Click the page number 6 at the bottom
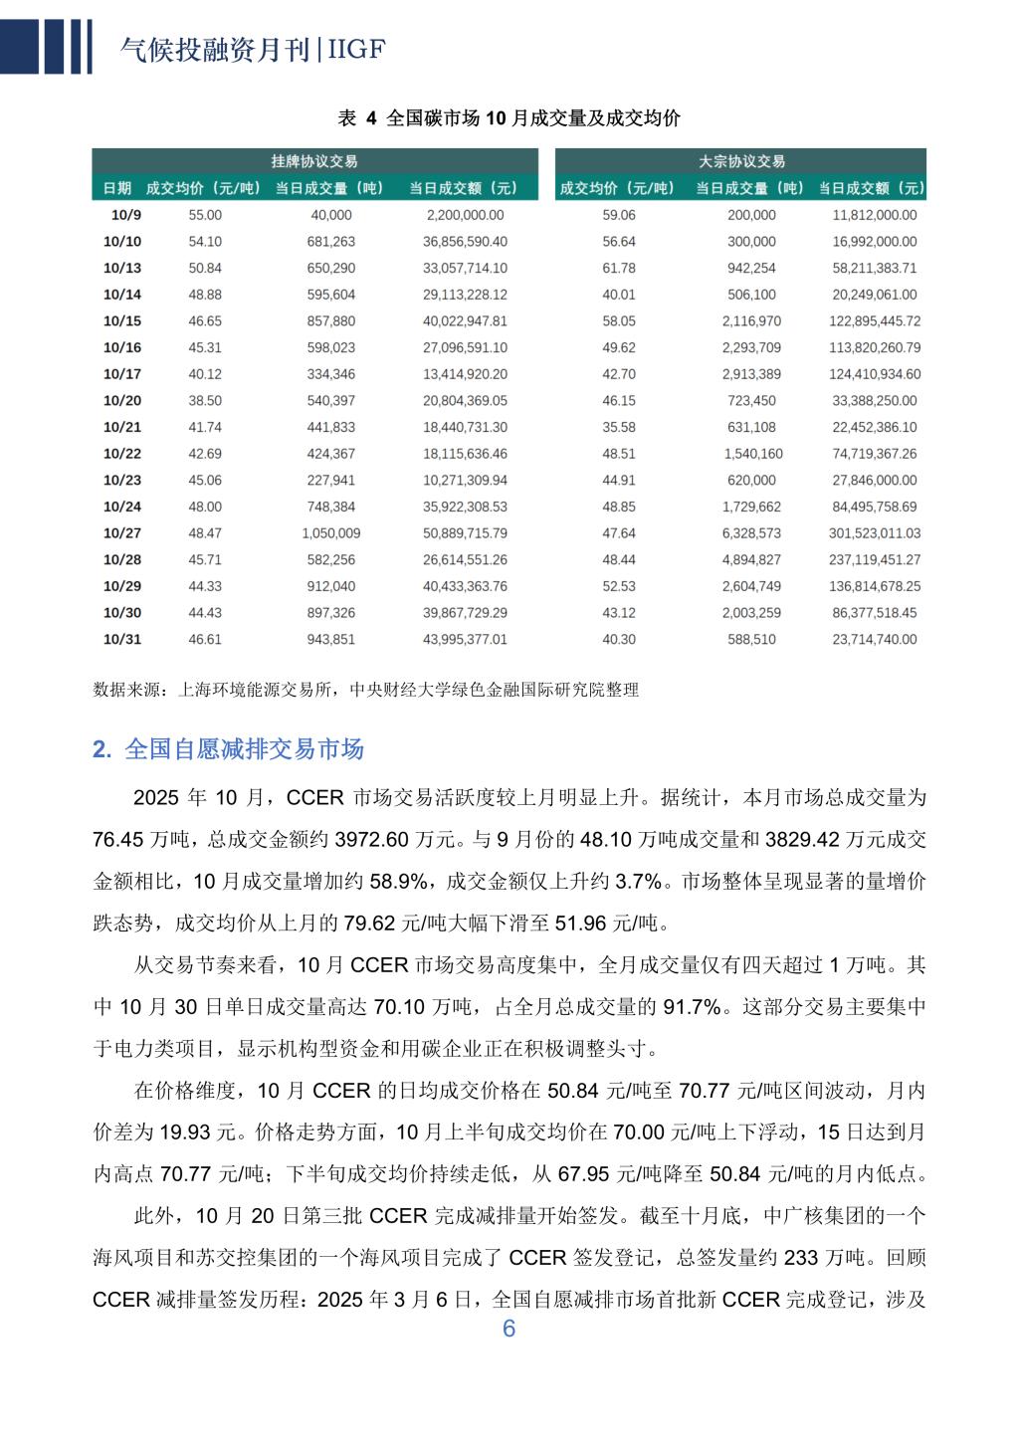pyautogui.click(x=509, y=1330)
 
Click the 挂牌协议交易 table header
pyautogui.click(x=314, y=161)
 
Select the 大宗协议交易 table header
pyautogui.click(x=741, y=161)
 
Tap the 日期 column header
pyautogui.click(x=117, y=188)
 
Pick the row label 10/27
pyautogui.click(x=122, y=533)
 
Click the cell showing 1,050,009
pyautogui.click(x=330, y=533)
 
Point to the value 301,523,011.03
pyautogui.click(x=875, y=533)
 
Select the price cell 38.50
pyautogui.click(x=205, y=401)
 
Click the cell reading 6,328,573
pyautogui.click(x=751, y=533)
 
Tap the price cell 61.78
pyautogui.click(x=619, y=269)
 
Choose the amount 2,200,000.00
pyautogui.click(x=465, y=215)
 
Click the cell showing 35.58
pyautogui.click(x=619, y=428)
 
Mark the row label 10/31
pyautogui.click(x=122, y=640)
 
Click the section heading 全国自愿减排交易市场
pyautogui.click(x=244, y=749)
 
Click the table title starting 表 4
pyautogui.click(x=509, y=118)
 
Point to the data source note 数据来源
pyautogui.click(x=365, y=689)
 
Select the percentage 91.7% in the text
pyautogui.click(x=692, y=1007)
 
